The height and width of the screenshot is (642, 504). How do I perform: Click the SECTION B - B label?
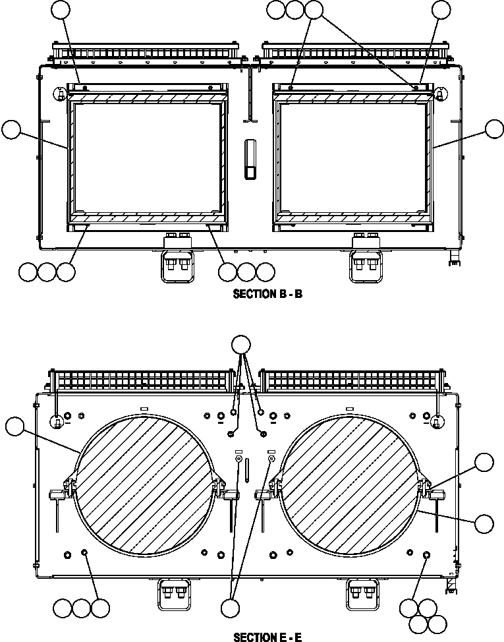click(267, 295)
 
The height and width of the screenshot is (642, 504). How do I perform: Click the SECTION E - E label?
click(267, 637)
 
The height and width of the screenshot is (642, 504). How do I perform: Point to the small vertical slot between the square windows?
click(250, 159)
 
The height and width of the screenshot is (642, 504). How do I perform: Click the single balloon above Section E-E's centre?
click(242, 345)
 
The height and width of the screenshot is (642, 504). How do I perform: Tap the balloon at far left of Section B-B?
click(11, 130)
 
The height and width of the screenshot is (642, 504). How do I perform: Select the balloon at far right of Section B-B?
click(494, 130)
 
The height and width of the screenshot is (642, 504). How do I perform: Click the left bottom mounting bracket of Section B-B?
click(177, 260)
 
